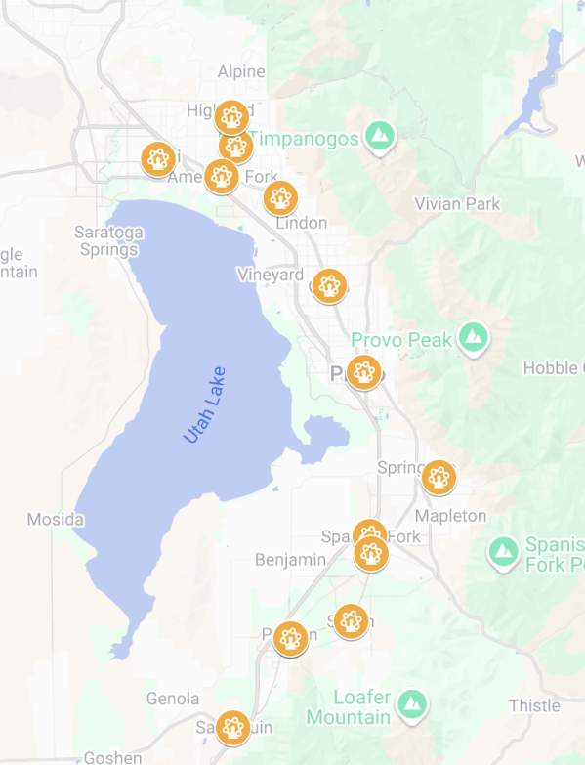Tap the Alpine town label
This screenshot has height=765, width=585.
(241, 71)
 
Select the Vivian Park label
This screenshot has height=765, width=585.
(457, 204)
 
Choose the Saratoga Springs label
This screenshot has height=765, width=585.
(108, 240)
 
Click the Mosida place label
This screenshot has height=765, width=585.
(55, 519)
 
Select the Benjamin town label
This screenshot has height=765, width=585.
(290, 559)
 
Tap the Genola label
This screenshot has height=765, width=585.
(173, 699)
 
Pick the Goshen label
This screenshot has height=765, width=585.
(112, 757)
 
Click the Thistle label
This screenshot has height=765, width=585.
(534, 705)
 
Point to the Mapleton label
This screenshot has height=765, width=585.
(450, 515)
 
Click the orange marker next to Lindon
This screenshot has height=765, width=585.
(281, 198)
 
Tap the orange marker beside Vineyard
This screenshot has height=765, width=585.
(329, 285)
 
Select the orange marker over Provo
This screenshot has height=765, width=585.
(364, 372)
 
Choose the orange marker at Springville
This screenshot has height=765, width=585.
(439, 477)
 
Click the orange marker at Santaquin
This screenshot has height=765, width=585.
(231, 727)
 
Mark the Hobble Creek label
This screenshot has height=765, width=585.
(555, 368)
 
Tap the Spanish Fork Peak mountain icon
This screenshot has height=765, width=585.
(504, 550)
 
